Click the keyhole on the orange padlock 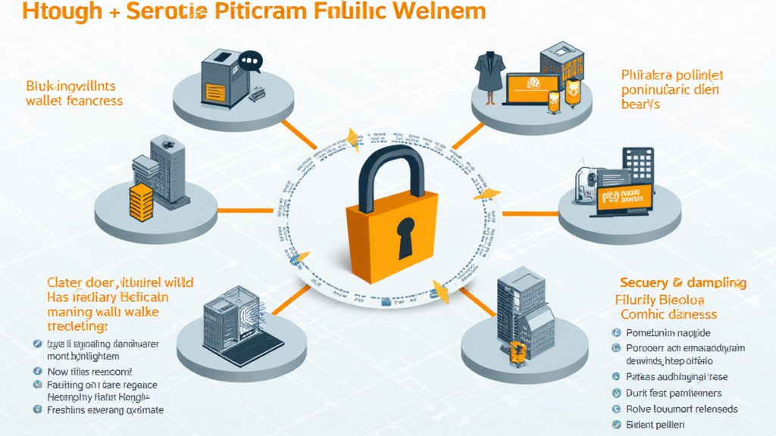[405, 234]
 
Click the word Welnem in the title [440, 12]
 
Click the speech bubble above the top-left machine [249, 61]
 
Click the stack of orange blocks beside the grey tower [141, 203]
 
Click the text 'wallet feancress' [74, 101]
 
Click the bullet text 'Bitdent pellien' [656, 425]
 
